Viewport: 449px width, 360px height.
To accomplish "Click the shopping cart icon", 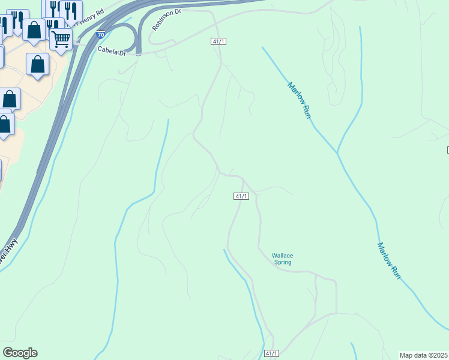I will (x=61, y=39).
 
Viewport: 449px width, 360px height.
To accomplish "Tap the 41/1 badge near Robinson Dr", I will (x=218, y=41).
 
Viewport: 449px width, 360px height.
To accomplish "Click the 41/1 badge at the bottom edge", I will (x=271, y=355).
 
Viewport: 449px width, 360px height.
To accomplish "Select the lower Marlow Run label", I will (x=388, y=260).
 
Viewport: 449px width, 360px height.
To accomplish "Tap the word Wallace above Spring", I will (x=282, y=256).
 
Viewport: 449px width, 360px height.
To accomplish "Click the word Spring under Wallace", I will (x=282, y=262).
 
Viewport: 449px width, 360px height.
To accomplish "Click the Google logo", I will (x=20, y=353).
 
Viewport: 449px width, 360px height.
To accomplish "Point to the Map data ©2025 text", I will (x=424, y=355).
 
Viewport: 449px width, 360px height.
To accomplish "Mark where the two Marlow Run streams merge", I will (x=337, y=153).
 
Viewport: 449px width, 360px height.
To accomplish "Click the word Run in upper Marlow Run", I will (x=307, y=111).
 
